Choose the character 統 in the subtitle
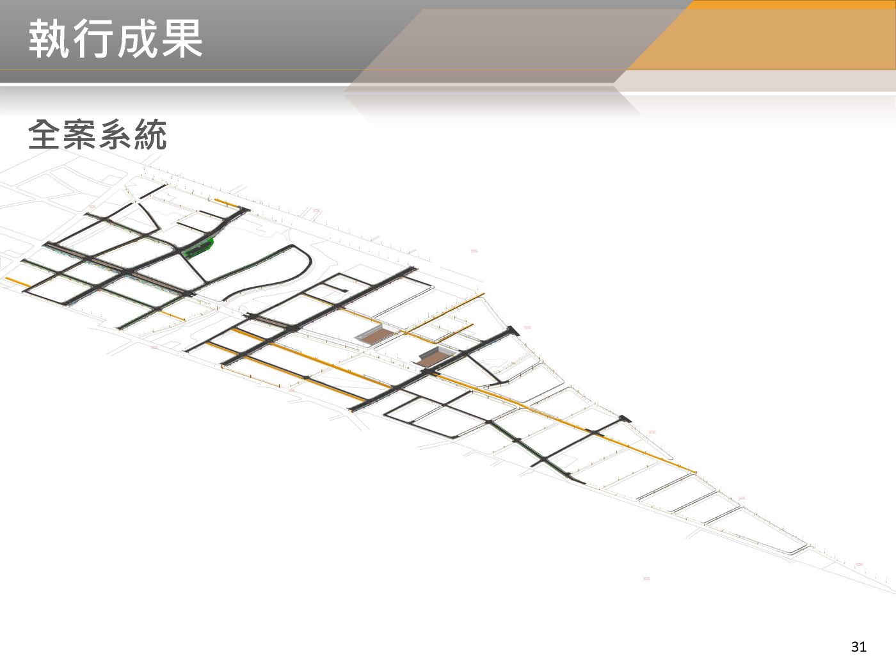pyautogui.click(x=150, y=135)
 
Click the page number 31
pyautogui.click(x=858, y=647)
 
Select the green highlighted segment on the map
pyautogui.click(x=198, y=248)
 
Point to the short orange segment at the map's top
pyautogui.click(x=226, y=204)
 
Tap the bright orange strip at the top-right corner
pyautogui.click(x=794, y=4)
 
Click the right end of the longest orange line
pyautogui.click(x=694, y=472)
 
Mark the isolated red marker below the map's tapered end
pyautogui.click(x=646, y=579)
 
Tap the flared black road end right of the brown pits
pyautogui.click(x=512, y=331)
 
